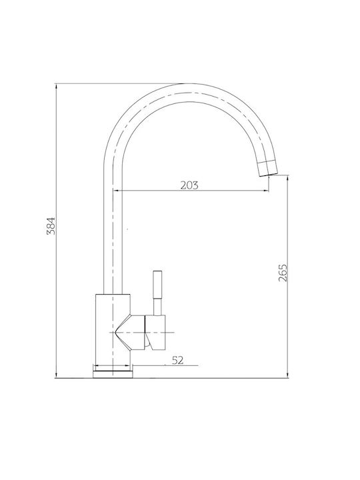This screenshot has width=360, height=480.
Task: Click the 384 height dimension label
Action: tap(51, 225)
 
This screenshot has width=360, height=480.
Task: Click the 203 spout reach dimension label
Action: tap(189, 185)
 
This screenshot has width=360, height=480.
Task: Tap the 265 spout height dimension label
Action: tap(283, 273)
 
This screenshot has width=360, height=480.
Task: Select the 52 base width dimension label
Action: tap(177, 360)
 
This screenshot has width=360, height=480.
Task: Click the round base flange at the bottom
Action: tap(113, 374)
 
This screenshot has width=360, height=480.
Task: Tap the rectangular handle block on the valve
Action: tap(155, 332)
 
